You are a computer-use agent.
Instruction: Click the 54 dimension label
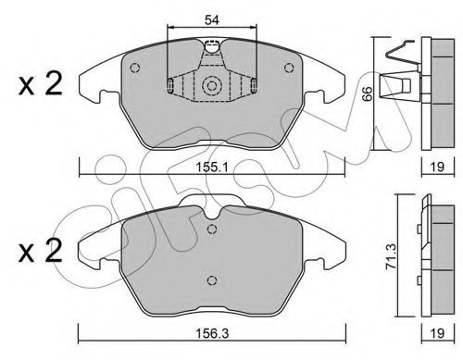pos(212,20)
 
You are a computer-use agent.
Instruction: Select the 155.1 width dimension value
pos(212,168)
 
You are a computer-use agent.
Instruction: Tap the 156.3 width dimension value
pos(212,333)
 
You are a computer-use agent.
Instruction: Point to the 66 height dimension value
pos(367,93)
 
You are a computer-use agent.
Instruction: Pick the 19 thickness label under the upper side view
pos(437,167)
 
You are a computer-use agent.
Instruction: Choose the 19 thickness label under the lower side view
pos(437,333)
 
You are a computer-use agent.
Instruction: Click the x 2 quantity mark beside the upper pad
pos(40,83)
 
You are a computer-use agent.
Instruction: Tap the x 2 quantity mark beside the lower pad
pos(40,251)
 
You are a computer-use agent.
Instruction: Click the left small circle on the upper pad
pos(135,68)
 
